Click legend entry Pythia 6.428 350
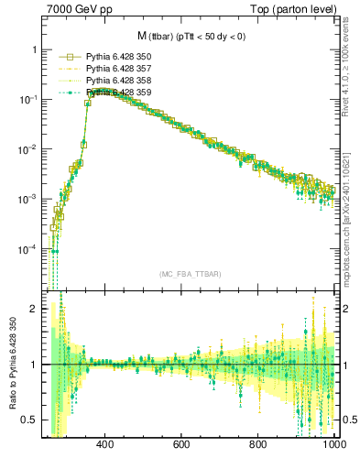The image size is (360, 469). [117, 57]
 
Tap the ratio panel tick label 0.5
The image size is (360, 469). [31, 420]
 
